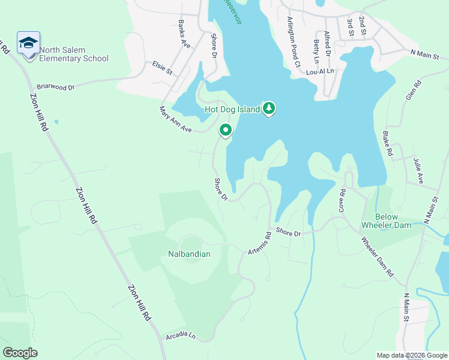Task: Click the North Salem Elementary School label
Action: [74, 55]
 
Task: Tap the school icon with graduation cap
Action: [28, 43]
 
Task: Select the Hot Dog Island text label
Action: [232, 109]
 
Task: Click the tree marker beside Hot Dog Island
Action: [270, 108]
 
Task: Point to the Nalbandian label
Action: [189, 254]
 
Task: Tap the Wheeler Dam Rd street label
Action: [378, 257]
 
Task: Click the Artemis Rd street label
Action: [260, 244]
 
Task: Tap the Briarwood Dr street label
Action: [55, 87]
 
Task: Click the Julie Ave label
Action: [418, 170]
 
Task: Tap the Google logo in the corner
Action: [20, 352]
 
